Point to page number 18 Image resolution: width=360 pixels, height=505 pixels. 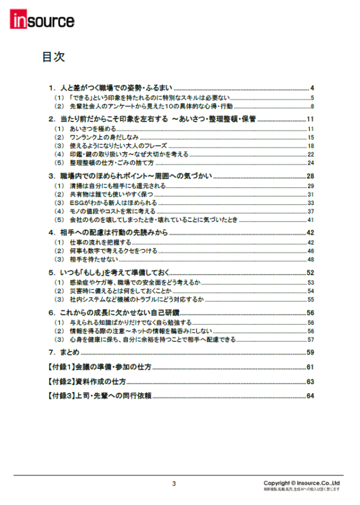coord(310,146)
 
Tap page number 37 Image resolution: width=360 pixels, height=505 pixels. coord(310,212)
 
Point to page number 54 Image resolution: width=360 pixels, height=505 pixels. coord(310,291)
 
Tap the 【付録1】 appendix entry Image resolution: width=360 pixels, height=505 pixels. coord(99,367)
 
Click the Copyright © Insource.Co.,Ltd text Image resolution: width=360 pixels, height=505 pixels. coord(301,483)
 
